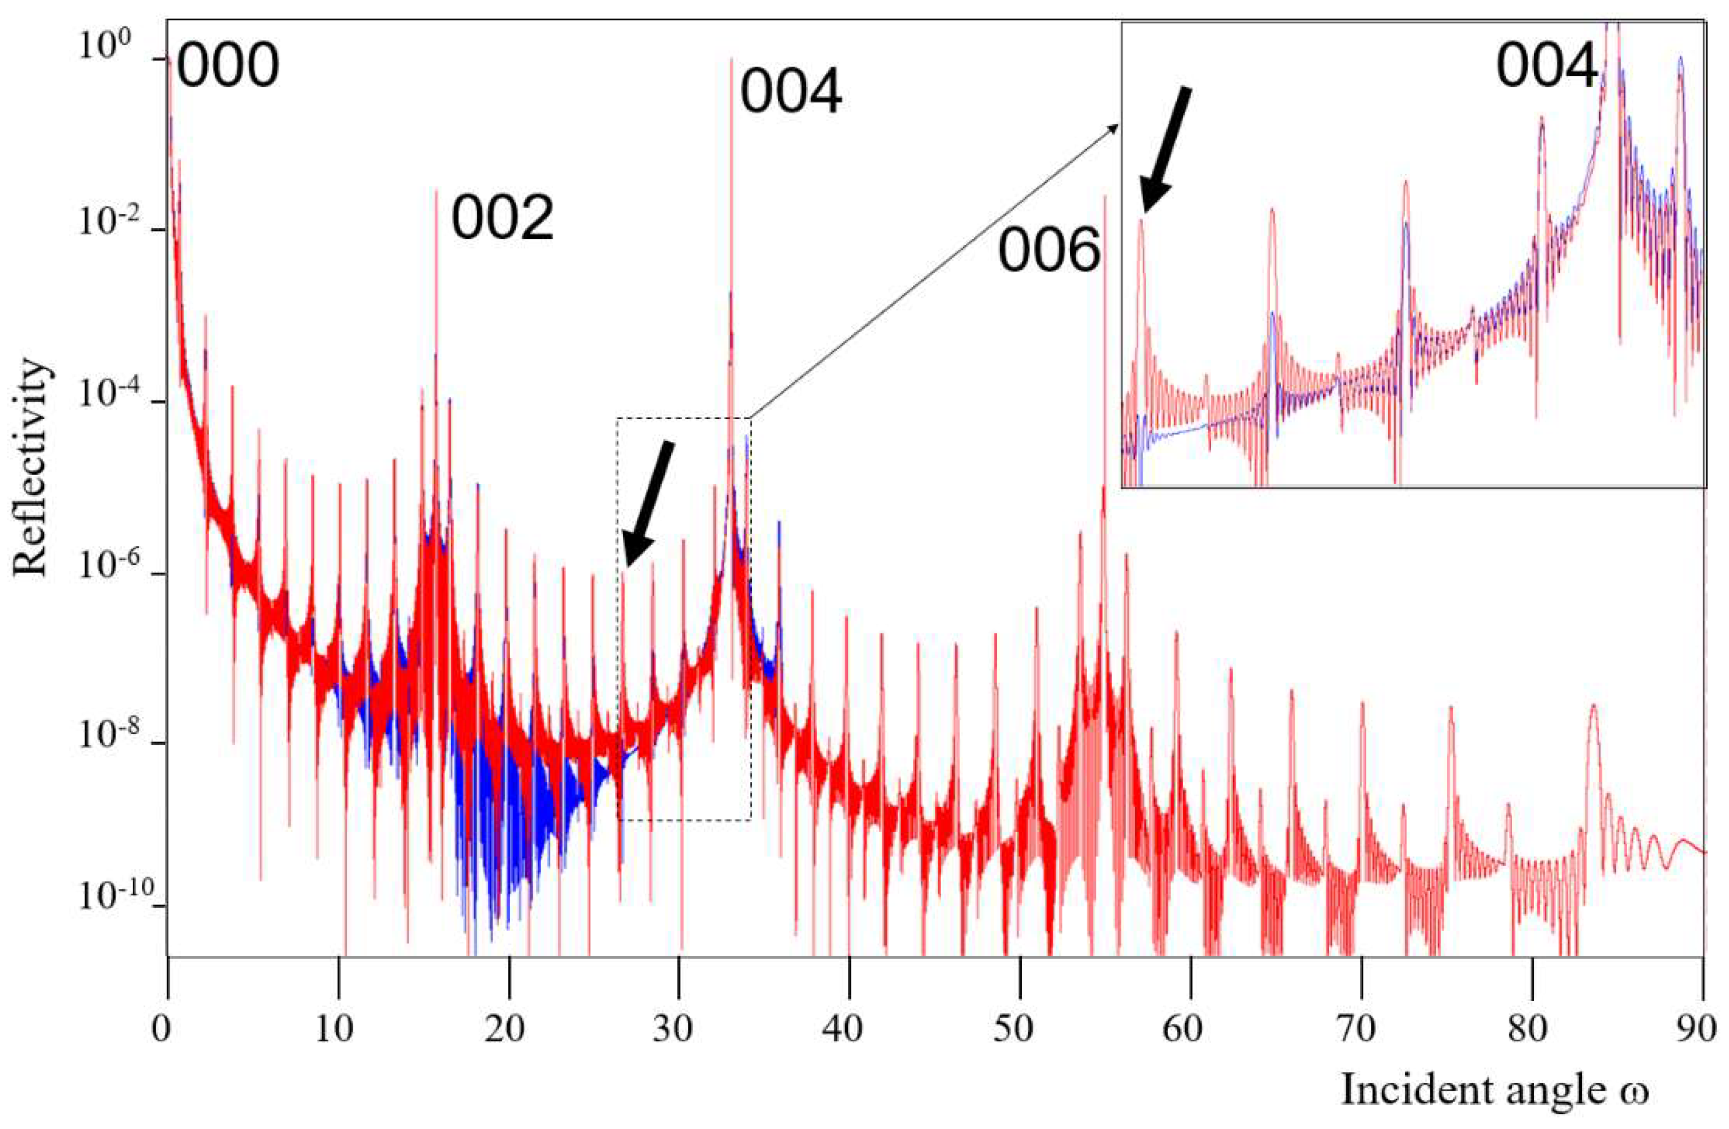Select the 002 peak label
tap(503, 220)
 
